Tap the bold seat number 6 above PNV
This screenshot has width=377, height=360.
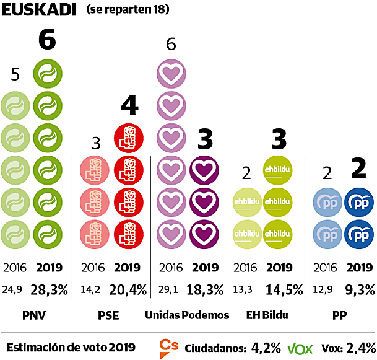click(47, 40)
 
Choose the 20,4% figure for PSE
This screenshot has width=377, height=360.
click(129, 290)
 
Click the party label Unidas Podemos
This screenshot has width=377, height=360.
click(187, 315)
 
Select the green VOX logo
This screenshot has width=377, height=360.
click(300, 348)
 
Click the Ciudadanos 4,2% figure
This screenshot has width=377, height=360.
click(266, 347)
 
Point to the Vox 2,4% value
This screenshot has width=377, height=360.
click(361, 347)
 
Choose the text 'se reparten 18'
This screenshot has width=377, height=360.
click(128, 11)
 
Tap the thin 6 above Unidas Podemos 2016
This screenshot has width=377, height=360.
click(171, 44)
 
